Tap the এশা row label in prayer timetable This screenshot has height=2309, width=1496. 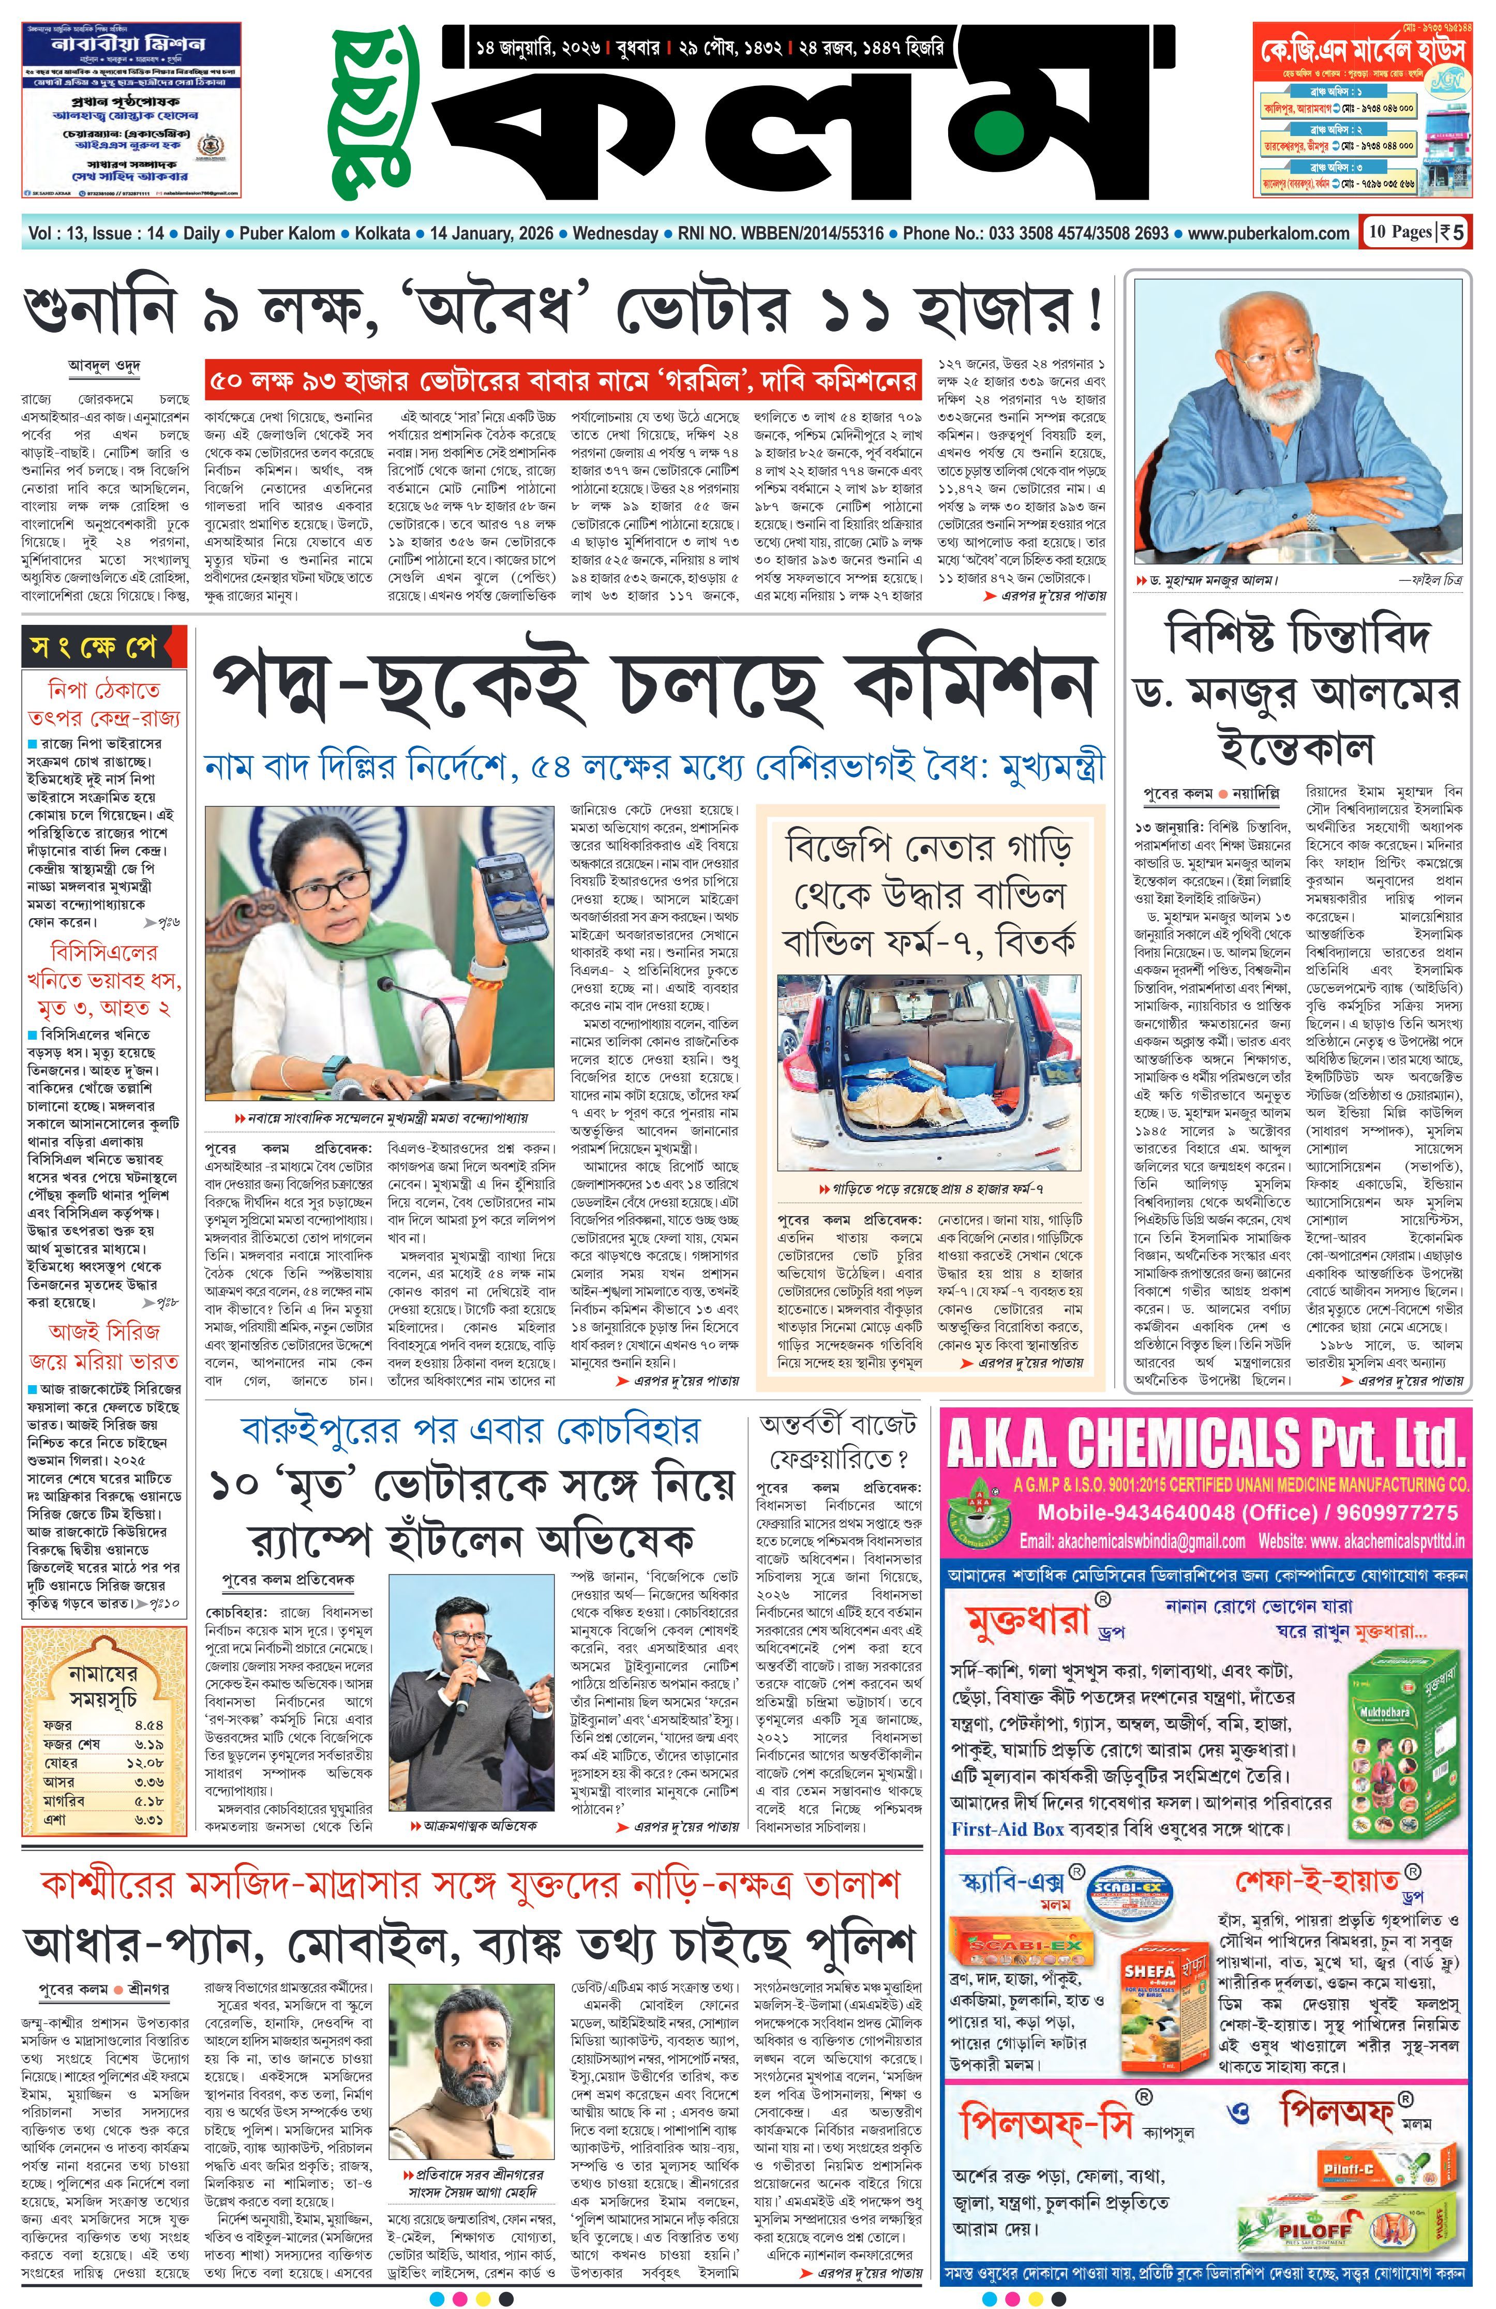coord(55,1819)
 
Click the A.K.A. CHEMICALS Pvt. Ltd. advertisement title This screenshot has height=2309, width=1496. coord(1204,1444)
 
